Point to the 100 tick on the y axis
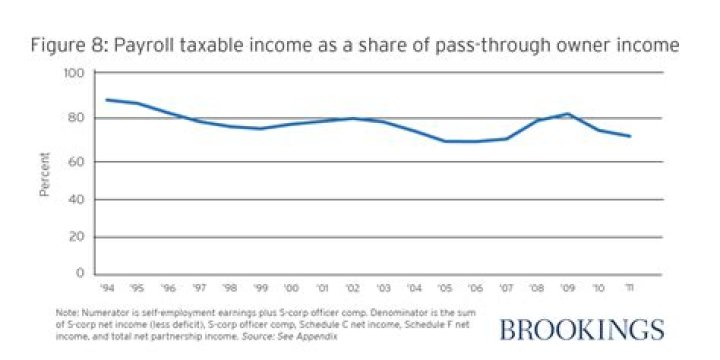pyautogui.click(x=74, y=74)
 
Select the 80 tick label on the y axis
pyautogui.click(x=76, y=118)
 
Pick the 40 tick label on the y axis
pyautogui.click(x=76, y=200)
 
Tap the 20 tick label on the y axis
pyautogui.click(x=76, y=237)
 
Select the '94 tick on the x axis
pyautogui.click(x=107, y=285)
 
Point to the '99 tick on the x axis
pyautogui.click(x=260, y=285)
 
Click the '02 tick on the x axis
pyautogui.click(x=352, y=285)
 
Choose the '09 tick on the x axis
pyautogui.click(x=567, y=285)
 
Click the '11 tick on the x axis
pyautogui.click(x=628, y=285)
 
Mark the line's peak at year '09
pyautogui.click(x=567, y=114)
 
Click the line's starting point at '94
pyautogui.click(x=106, y=99)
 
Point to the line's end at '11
pyautogui.click(x=629, y=136)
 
